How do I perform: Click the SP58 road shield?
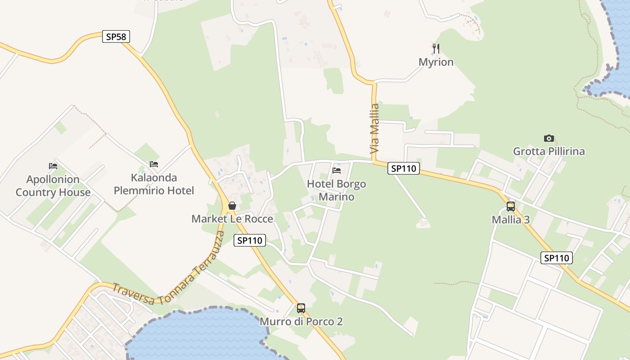pos(116,36)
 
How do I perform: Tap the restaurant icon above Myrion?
pos(436,48)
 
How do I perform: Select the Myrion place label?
pos(436,62)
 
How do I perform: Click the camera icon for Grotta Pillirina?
pos(549,138)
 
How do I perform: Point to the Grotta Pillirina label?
pos(549,151)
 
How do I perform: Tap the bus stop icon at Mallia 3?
pos(510,207)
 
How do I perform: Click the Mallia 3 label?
pos(510,220)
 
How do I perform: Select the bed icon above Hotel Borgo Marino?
pos(336,171)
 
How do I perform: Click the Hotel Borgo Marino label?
pos(336,190)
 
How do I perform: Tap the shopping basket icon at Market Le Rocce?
pos(232,206)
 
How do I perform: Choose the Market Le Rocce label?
pos(232,219)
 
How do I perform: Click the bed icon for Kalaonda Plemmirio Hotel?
pos(154,164)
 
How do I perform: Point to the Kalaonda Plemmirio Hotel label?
pos(154,184)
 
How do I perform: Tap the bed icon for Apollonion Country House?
pos(53,166)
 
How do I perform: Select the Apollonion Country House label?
pos(53,186)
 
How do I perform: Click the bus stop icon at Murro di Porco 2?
pos(301,308)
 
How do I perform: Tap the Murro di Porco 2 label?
pos(301,322)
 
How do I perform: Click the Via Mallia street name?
pos(375,129)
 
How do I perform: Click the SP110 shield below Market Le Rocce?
pos(250,240)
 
